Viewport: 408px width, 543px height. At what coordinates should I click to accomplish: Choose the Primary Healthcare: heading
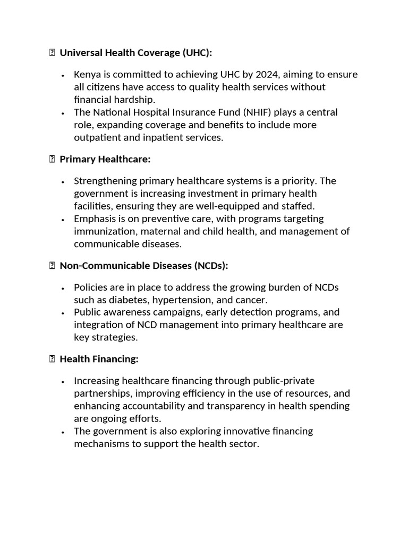pos(105,159)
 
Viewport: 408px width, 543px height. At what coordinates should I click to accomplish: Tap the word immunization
pos(101,232)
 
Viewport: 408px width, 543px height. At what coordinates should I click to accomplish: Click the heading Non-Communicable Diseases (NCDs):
pos(143,266)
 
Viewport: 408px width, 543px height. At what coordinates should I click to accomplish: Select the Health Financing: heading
pos(99,359)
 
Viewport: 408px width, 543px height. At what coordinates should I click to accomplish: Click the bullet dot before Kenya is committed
pos(63,75)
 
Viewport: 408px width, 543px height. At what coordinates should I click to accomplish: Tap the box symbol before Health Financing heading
pos(52,359)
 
